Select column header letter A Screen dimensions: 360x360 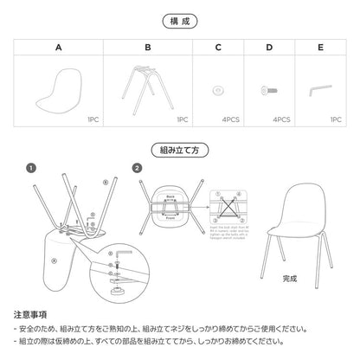(x=58, y=49)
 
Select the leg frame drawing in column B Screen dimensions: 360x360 (x=148, y=87)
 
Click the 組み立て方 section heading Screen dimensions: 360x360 (x=179, y=148)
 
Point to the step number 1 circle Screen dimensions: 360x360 (x=30, y=167)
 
